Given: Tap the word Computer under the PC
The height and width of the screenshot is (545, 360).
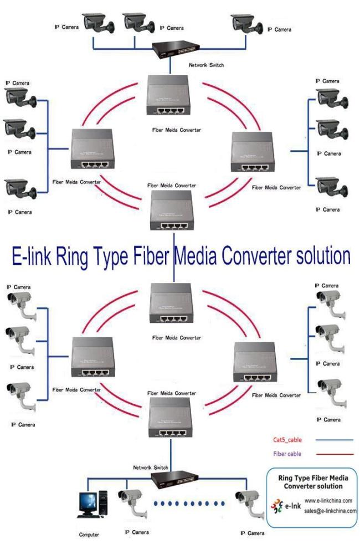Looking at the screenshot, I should [89, 535].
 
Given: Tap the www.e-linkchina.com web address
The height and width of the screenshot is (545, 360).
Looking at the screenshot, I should [328, 501].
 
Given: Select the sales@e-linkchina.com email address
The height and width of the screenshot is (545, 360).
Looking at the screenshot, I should [330, 511].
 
